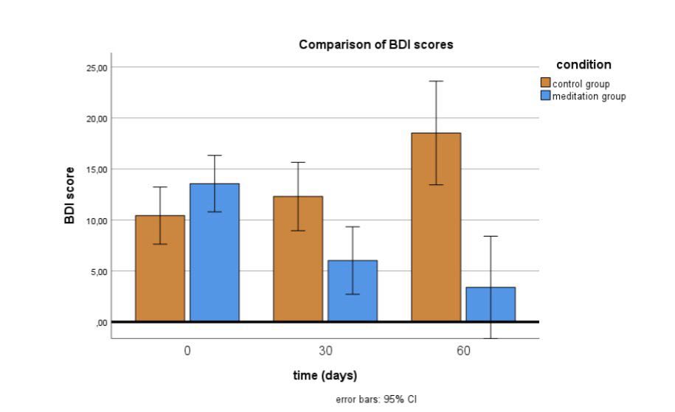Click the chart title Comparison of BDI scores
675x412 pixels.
(x=375, y=45)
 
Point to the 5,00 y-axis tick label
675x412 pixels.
(x=99, y=271)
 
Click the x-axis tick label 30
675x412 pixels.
(x=325, y=351)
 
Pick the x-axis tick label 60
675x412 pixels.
(x=463, y=351)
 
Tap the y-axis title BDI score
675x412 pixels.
(x=71, y=195)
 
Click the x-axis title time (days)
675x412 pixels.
(x=325, y=376)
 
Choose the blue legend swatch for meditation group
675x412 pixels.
(x=546, y=97)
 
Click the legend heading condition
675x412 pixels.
(x=583, y=65)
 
